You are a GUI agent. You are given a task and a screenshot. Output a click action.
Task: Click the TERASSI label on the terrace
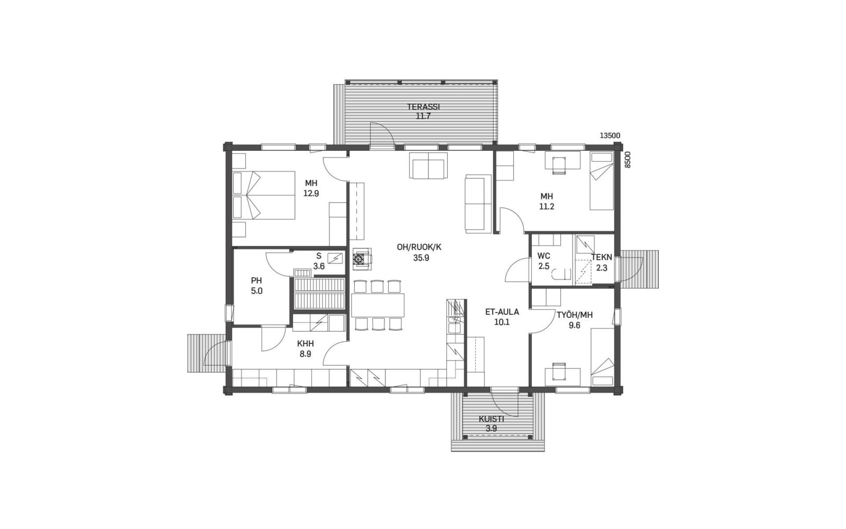pyautogui.click(x=423, y=107)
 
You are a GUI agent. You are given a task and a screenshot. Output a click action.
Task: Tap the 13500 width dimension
pyautogui.click(x=610, y=135)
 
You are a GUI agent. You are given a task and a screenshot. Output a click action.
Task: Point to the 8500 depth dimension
pyautogui.click(x=628, y=160)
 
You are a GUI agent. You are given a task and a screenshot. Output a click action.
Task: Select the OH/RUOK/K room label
pyautogui.click(x=419, y=248)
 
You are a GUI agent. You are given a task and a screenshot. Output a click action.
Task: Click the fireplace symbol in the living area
pyautogui.click(x=362, y=259)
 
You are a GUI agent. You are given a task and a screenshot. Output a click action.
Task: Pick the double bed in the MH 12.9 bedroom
pyautogui.click(x=264, y=195)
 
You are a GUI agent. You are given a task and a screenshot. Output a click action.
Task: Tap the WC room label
pyautogui.click(x=544, y=256)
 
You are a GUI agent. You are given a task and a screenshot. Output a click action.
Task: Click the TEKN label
pyautogui.click(x=602, y=258)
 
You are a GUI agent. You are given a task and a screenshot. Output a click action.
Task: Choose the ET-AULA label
pyautogui.click(x=502, y=312)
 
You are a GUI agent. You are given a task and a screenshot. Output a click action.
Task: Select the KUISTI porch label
pyautogui.click(x=491, y=419)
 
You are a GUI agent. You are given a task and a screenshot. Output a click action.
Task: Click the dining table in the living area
pyautogui.click(x=378, y=305)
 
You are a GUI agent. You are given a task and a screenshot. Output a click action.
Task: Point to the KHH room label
pyautogui.click(x=305, y=344)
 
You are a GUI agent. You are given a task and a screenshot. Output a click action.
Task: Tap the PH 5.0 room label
pyautogui.click(x=256, y=286)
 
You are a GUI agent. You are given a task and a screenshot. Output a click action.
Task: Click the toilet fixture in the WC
pyautogui.click(x=560, y=273)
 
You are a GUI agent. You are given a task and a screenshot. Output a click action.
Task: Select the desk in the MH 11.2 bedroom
pyautogui.click(x=563, y=160)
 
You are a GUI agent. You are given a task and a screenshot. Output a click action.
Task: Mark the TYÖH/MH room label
pyautogui.click(x=574, y=315)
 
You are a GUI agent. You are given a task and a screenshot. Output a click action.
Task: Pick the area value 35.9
pyautogui.click(x=421, y=258)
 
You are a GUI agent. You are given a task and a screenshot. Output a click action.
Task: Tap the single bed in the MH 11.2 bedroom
pyautogui.click(x=602, y=180)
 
